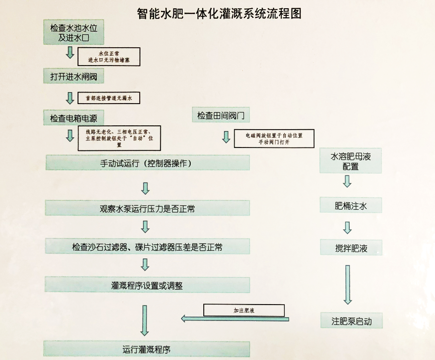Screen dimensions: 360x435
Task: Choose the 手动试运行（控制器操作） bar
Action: click(147, 163)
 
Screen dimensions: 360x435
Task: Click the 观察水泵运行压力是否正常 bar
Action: click(147, 208)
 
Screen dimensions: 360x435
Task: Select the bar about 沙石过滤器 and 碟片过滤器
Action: click(147, 247)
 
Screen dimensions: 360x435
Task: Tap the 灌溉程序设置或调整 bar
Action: click(147, 285)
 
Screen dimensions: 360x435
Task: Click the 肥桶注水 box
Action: click(350, 206)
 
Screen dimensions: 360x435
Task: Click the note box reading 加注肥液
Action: click(244, 310)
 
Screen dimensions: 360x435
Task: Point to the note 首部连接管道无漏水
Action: click(109, 98)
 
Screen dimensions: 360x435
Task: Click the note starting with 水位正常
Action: click(109, 56)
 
